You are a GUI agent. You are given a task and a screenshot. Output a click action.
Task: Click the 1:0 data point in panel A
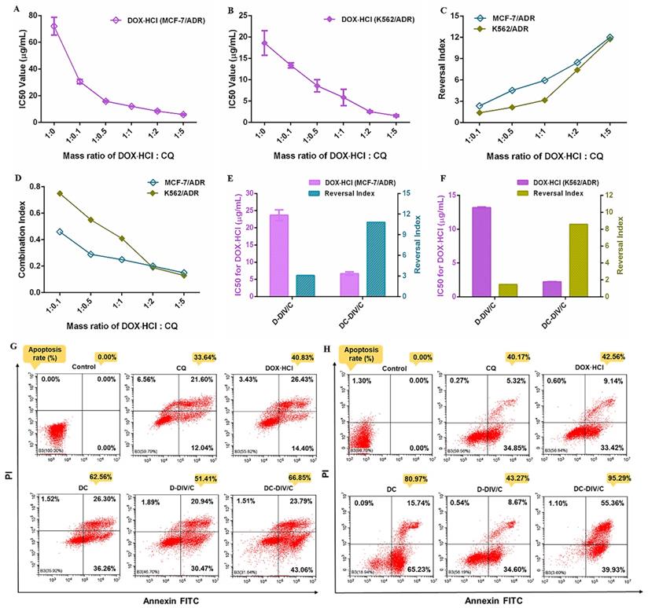coord(54,27)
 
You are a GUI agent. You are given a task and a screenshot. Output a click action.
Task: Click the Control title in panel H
coord(385,367)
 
